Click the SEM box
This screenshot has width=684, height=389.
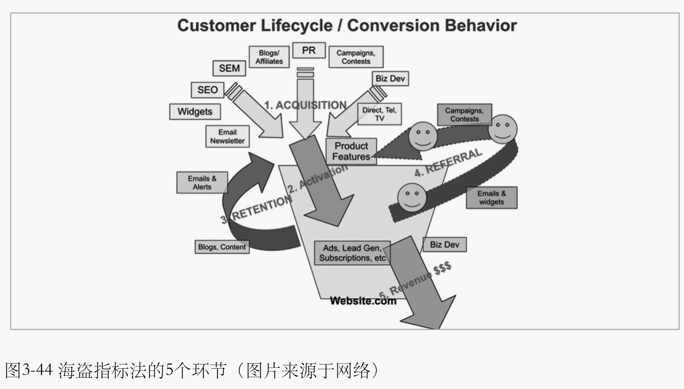click(x=229, y=68)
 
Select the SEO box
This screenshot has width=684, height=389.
click(x=208, y=89)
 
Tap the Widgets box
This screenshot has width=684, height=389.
click(x=195, y=112)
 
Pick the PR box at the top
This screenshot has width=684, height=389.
click(x=309, y=50)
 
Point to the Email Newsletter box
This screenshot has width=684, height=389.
click(x=227, y=137)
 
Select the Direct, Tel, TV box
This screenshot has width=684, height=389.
click(x=379, y=114)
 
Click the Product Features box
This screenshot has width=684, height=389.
click(x=351, y=151)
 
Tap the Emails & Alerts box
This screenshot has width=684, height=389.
click(x=202, y=182)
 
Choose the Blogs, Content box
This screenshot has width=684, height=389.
click(x=222, y=247)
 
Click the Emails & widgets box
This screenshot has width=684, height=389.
click(x=491, y=197)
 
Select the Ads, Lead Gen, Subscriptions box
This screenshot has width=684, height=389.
click(x=352, y=253)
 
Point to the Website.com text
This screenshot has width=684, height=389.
click(x=363, y=300)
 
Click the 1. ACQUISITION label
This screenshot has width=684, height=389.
click(x=305, y=105)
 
